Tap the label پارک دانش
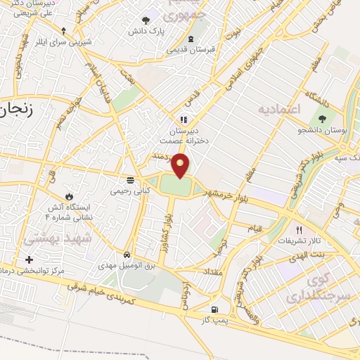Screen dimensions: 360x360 145,32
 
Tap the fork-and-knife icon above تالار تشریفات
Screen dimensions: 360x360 299,230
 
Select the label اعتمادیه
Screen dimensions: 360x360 279,110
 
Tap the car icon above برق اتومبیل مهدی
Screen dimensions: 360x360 126,254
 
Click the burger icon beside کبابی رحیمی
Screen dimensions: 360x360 129,179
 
